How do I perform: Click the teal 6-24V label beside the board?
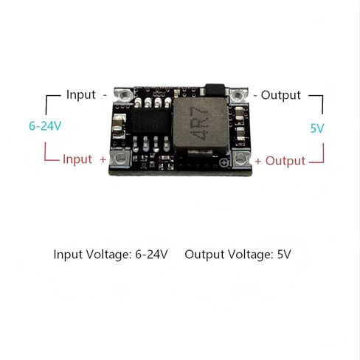45,126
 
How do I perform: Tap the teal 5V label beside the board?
317,128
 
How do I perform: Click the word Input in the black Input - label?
81,94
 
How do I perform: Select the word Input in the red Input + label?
77,159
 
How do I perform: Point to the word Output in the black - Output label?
281,95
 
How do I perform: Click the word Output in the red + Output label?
285,161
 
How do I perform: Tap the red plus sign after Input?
103,160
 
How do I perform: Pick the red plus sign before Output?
258,162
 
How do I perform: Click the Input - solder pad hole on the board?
125,94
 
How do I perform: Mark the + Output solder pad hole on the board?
240,159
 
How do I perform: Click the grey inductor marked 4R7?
201,125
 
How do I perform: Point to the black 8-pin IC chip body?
151,121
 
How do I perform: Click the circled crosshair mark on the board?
224,163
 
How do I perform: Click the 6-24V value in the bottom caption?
151,255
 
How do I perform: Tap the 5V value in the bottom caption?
284,255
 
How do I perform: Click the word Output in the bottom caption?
204,255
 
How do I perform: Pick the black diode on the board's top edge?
215,90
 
